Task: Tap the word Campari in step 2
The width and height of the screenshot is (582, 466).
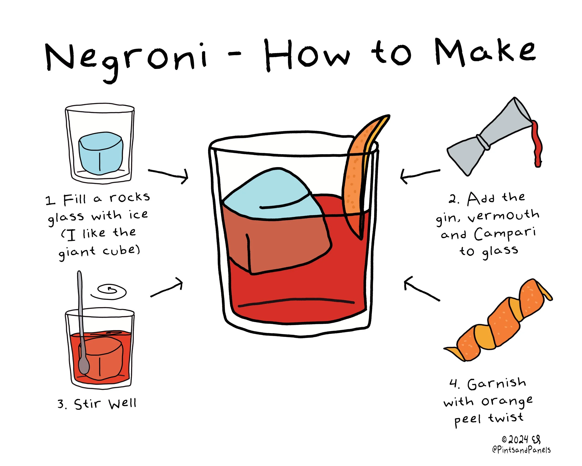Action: coord(505,234)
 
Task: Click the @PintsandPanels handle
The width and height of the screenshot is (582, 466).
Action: coord(521,450)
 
